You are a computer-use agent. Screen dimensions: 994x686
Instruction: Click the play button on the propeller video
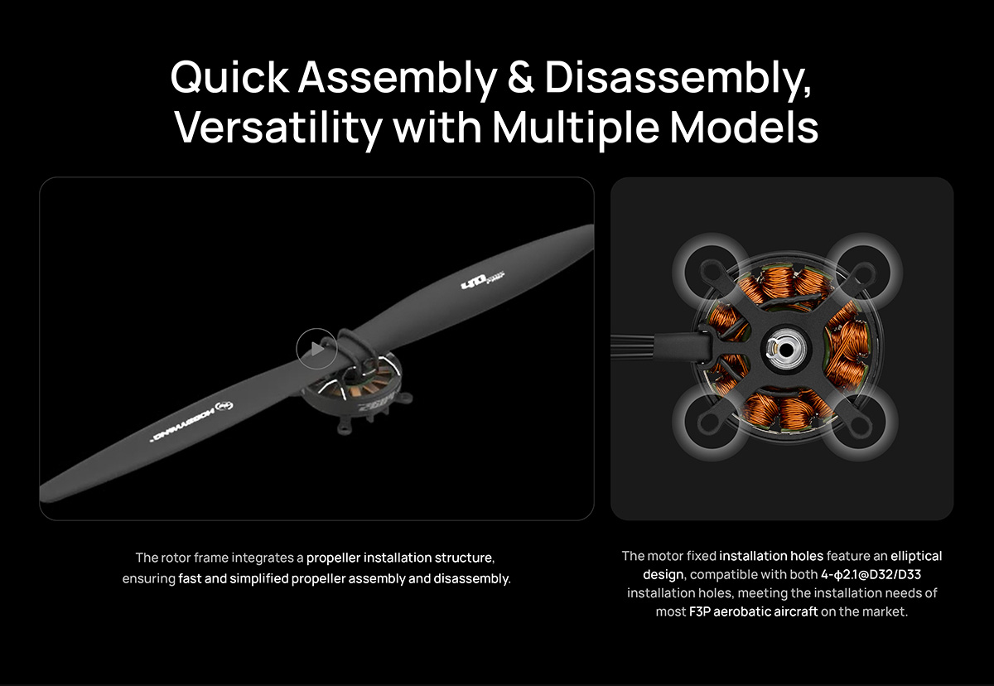[316, 349]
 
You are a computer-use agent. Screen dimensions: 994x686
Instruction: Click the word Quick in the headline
[229, 77]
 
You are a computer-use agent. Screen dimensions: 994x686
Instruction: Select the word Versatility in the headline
[278, 128]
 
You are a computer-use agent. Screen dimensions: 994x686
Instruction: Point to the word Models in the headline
[744, 128]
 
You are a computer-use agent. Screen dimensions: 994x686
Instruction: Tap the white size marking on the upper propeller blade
[483, 280]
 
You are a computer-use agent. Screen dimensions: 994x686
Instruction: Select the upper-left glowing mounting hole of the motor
[712, 271]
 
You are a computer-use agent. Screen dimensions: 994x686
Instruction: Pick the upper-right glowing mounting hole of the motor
[863, 271]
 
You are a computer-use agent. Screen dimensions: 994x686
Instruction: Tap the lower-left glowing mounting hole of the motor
[712, 423]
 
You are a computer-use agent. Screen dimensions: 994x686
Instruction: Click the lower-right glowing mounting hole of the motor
[860, 423]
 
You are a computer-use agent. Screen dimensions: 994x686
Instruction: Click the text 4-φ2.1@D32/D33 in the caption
[871, 575]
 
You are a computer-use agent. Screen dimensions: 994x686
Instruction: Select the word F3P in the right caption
[699, 611]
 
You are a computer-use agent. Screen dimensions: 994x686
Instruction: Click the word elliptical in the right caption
[916, 557]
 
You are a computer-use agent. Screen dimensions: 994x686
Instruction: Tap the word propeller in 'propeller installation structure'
[333, 558]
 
